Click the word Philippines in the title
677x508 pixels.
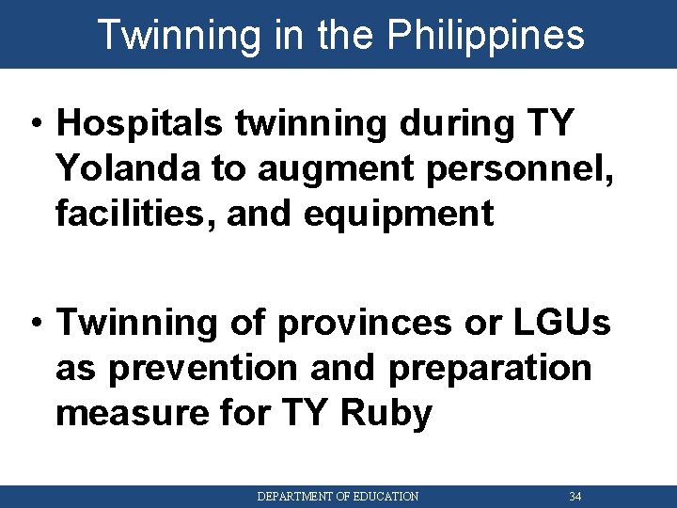point(485,35)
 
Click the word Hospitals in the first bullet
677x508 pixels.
point(138,122)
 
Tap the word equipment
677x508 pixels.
point(400,214)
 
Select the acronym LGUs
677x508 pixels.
point(561,323)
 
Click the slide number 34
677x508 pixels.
point(575,496)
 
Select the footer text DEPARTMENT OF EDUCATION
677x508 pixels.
point(338,496)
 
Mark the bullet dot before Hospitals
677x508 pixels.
point(35,124)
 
